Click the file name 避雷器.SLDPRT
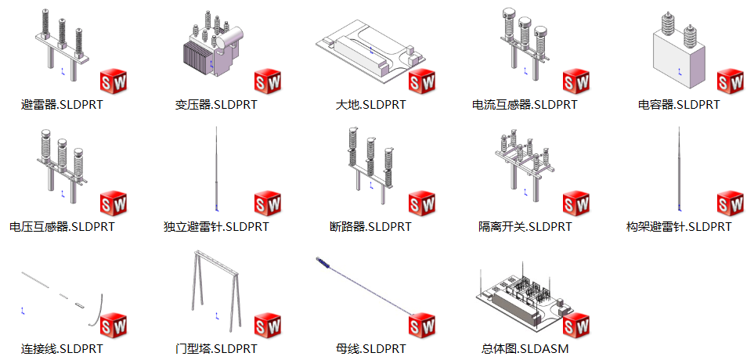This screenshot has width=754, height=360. (x=62, y=104)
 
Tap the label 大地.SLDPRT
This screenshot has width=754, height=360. (x=370, y=104)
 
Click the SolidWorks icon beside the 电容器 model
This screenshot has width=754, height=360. (x=730, y=81)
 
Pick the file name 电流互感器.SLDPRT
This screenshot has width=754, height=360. (x=525, y=104)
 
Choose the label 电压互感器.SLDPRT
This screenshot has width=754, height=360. (x=62, y=226)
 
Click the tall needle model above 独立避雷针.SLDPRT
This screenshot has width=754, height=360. (x=216, y=169)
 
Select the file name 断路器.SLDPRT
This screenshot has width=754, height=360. (x=370, y=226)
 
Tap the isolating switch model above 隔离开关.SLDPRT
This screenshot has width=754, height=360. (x=525, y=164)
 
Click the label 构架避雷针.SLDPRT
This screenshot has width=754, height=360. (x=679, y=226)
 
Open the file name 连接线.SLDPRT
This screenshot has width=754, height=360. (x=62, y=348)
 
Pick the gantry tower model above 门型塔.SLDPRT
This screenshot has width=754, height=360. (x=216, y=290)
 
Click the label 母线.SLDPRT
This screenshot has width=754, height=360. (x=370, y=348)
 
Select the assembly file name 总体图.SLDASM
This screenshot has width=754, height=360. (x=525, y=348)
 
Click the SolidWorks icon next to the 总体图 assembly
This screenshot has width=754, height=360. (x=576, y=326)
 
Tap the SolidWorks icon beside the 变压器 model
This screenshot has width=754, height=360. (x=268, y=81)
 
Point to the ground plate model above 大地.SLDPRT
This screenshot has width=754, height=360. (x=371, y=52)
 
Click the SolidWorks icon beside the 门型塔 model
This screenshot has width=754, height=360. (x=268, y=326)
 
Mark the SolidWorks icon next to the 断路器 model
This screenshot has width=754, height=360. (x=422, y=203)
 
